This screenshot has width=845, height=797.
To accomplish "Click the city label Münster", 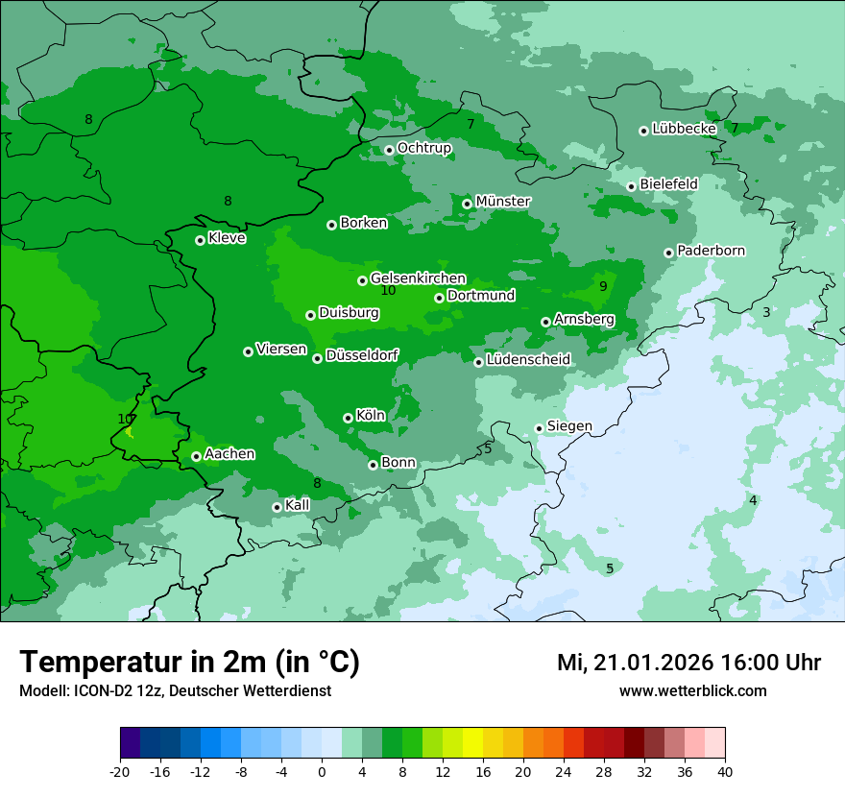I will [x=502, y=202].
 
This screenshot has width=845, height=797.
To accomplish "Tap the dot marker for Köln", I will [x=348, y=418].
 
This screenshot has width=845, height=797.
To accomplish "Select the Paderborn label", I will [x=711, y=251].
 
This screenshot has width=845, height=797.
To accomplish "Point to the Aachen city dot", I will [x=196, y=456].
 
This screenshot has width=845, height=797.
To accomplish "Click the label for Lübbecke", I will [x=684, y=129].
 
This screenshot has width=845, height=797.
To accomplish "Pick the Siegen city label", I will [x=569, y=426].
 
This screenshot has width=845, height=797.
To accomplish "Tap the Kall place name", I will [x=298, y=505].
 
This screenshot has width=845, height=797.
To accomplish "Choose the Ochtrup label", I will [x=423, y=148].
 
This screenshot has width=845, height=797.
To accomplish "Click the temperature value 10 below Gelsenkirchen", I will [x=388, y=290].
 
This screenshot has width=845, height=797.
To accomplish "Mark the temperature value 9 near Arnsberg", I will [x=603, y=286].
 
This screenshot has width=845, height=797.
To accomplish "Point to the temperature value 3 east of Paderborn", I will [x=766, y=312].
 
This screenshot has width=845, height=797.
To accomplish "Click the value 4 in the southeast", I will [x=753, y=500].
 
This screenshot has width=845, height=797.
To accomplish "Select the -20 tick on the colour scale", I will [x=119, y=771].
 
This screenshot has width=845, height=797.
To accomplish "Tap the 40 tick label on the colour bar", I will [x=725, y=771].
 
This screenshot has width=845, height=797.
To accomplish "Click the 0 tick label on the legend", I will [x=322, y=771].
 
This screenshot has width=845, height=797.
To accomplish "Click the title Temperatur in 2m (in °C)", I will [x=189, y=662].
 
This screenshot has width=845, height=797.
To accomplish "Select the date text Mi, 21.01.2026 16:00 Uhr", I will [x=688, y=663].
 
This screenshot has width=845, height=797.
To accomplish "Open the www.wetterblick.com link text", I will [x=692, y=690].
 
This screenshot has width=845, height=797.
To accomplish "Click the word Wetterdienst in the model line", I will [x=284, y=690].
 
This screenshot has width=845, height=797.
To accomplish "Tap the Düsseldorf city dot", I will [x=317, y=358].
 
